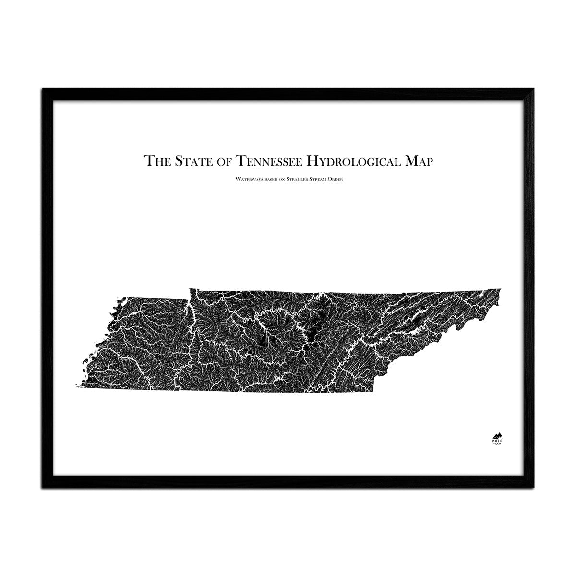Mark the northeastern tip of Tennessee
tap(501, 289)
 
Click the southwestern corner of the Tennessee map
tap(77, 386)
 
